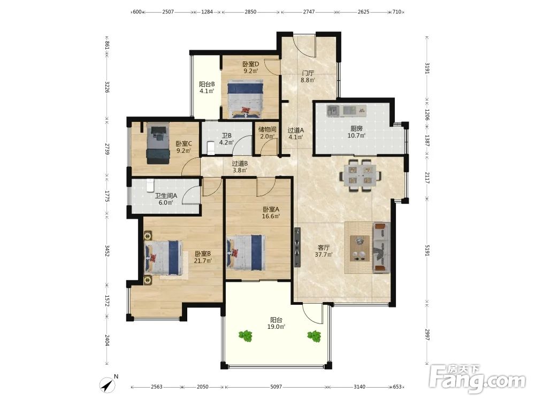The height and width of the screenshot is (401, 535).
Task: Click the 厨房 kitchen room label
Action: [x=356, y=128]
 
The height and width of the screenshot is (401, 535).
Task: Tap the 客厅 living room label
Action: [x=324, y=248]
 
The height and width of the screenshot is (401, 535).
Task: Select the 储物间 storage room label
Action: [x=267, y=129]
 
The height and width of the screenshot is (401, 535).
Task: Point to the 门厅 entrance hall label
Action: [x=308, y=73]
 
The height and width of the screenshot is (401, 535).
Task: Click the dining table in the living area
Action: [x=360, y=175]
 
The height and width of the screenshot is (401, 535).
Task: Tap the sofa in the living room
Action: [x=381, y=247]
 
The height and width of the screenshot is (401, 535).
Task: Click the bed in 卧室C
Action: [x=158, y=143]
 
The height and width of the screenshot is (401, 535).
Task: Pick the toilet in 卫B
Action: [x=210, y=148]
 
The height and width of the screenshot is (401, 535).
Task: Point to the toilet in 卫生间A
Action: [x=150, y=185]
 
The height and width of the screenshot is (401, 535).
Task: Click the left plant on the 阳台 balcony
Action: [x=246, y=336]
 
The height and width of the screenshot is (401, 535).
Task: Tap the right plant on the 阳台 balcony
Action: [x=314, y=336]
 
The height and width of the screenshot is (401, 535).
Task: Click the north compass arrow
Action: [x=108, y=385]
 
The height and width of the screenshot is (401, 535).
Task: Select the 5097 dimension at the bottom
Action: [x=276, y=387]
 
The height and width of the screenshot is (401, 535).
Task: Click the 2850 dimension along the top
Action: [x=250, y=12]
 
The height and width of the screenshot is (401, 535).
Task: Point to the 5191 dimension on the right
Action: [x=427, y=251]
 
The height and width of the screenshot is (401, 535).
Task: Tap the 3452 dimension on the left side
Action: [x=107, y=251]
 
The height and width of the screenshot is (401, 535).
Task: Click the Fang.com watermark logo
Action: [x=477, y=379]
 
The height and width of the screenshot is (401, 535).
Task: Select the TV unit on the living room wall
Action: [x=297, y=247]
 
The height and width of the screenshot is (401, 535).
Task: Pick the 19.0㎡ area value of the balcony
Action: [x=277, y=327]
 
